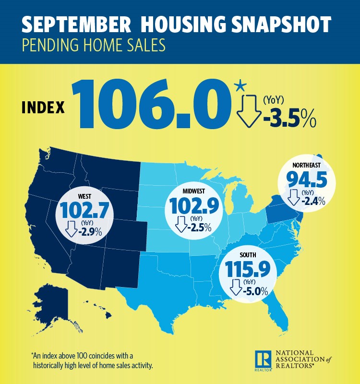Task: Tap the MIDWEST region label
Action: (x=193, y=192)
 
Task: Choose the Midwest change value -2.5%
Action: (x=200, y=227)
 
